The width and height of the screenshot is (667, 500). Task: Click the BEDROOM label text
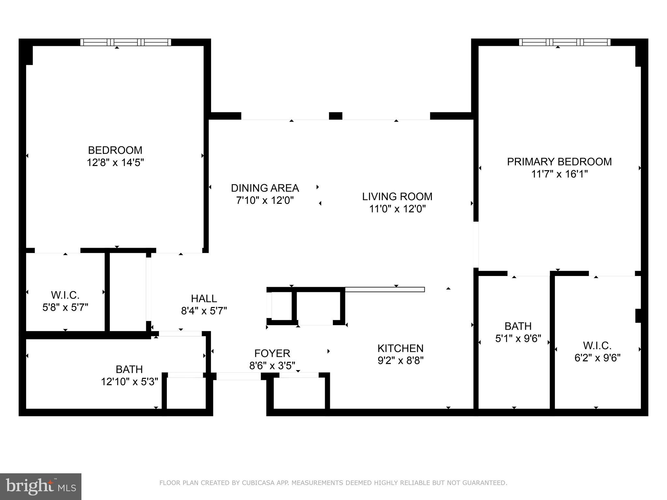tap(115, 150)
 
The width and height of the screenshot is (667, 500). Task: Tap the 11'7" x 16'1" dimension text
tap(559, 174)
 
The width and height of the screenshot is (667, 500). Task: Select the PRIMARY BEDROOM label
tap(559, 162)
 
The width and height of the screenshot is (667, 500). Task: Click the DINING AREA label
tap(265, 188)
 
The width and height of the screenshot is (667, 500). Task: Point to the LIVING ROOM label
tap(397, 197)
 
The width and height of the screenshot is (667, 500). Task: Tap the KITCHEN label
tap(400, 348)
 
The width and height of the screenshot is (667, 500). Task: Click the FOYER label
tap(272, 353)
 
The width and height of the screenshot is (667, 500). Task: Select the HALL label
tap(204, 299)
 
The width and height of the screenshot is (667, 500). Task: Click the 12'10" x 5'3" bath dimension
tap(129, 382)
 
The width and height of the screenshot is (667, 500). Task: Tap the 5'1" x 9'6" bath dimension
tap(518, 339)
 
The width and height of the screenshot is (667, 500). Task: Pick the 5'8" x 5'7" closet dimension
tap(65, 307)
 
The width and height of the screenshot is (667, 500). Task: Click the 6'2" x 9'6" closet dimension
tap(597, 358)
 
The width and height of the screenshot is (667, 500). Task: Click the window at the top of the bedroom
tap(126, 42)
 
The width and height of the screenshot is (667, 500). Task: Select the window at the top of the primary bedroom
tap(564, 42)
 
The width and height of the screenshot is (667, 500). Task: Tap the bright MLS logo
tap(41, 487)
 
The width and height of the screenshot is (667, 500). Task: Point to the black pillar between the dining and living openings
tap(335, 116)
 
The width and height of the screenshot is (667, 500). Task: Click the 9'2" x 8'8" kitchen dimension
tap(400, 361)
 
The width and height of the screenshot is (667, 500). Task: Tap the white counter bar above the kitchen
tap(385, 289)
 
